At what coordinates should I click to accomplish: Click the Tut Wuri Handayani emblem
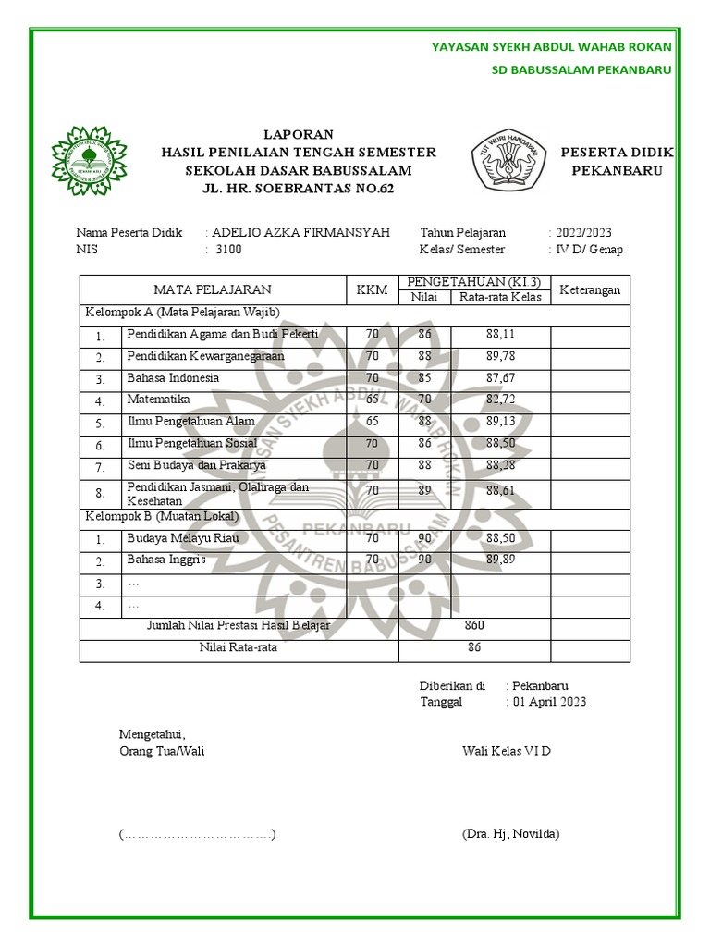(510, 160)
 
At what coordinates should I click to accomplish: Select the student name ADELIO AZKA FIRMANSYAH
(300, 233)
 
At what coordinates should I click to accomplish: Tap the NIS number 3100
(228, 250)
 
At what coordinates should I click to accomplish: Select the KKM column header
(372, 289)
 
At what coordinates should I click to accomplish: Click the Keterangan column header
(591, 289)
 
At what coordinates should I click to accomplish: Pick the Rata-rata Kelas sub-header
(500, 297)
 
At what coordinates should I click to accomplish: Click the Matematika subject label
(158, 400)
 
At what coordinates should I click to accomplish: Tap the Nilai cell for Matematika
(424, 400)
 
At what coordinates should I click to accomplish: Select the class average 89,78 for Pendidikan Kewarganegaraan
(500, 356)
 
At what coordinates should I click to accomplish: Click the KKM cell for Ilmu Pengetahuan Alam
(372, 422)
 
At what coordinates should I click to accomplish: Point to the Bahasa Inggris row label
(166, 560)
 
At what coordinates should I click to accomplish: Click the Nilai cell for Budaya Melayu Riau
(424, 538)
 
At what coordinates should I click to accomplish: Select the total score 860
(474, 626)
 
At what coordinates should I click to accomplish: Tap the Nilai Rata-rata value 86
(474, 648)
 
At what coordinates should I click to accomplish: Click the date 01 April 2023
(549, 702)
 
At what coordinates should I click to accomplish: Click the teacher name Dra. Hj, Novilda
(510, 834)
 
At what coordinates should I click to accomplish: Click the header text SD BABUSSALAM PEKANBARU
(581, 70)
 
